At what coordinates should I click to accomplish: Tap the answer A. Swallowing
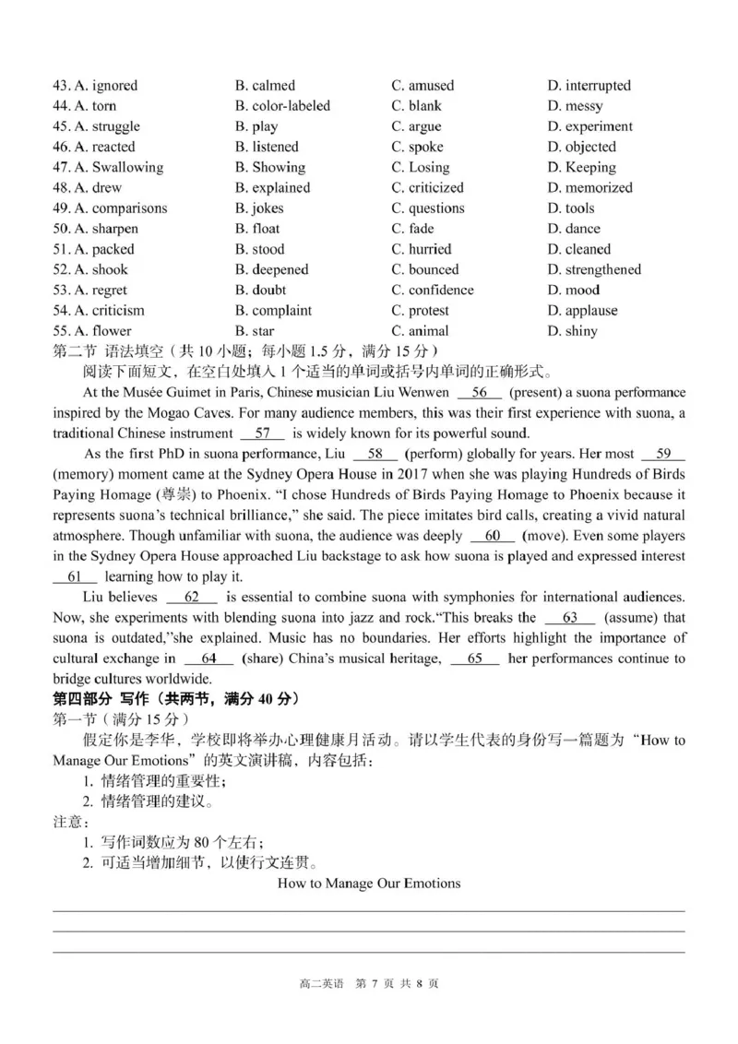(x=108, y=167)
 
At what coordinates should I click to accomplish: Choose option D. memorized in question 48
(x=589, y=187)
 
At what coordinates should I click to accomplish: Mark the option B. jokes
(x=259, y=208)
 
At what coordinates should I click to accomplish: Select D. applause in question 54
(x=582, y=311)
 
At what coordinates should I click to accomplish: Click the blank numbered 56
(x=479, y=392)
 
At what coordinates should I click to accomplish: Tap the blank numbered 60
(x=493, y=536)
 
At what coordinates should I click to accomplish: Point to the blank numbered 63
(x=569, y=618)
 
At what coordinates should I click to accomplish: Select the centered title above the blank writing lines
(x=368, y=884)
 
